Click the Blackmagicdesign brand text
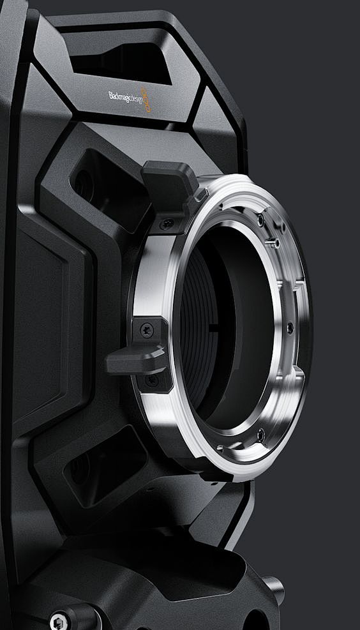click(125, 97)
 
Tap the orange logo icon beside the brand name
click(146, 100)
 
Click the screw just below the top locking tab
click(167, 223)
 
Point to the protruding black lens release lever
click(135, 359)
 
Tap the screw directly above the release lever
click(146, 331)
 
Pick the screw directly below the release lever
click(151, 380)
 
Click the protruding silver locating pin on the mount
click(273, 243)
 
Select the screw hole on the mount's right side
click(290, 328)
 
